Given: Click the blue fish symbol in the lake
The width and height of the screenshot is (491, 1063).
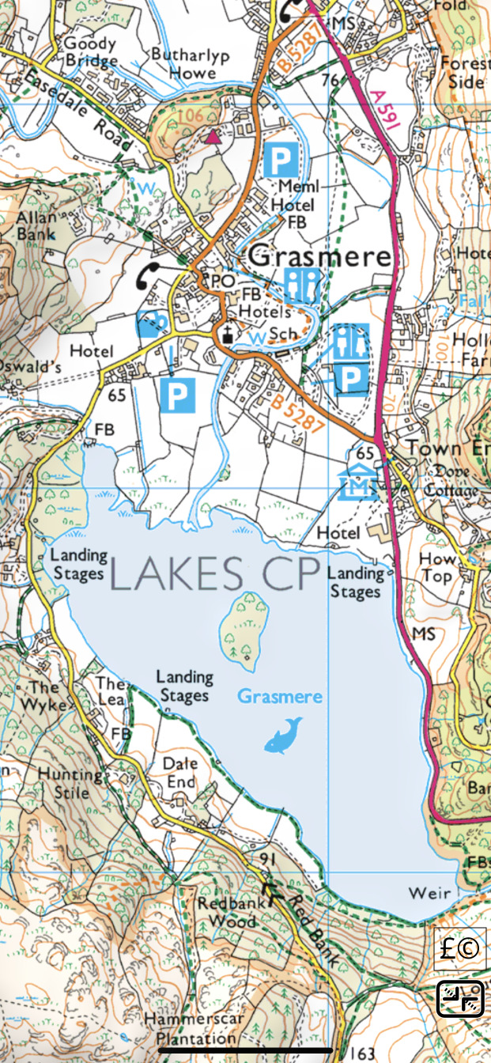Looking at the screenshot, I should [x=282, y=736].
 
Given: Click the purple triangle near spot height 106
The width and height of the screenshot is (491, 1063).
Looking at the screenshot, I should [x=213, y=138].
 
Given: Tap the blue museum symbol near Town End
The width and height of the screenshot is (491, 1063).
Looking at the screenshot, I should [x=354, y=483].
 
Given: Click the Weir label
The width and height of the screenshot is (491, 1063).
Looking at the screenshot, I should [x=429, y=893].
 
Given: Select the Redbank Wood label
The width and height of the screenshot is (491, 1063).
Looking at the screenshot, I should [x=227, y=912].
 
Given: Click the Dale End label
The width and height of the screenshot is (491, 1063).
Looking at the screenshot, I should [x=179, y=773].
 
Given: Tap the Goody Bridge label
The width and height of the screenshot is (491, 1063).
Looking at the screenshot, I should [x=90, y=52].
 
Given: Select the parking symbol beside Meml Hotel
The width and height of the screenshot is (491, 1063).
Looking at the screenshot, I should [x=281, y=160].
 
